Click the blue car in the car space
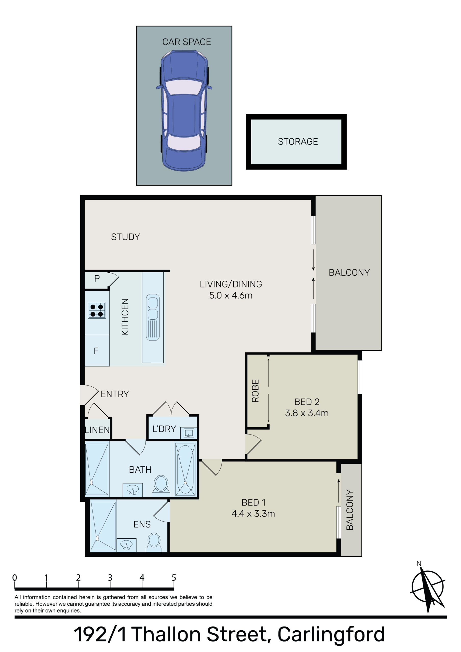(184, 111)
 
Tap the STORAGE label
(298, 141)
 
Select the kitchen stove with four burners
(97, 310)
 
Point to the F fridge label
(96, 351)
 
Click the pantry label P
(97, 279)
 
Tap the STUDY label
(125, 237)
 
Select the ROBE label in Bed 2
(255, 391)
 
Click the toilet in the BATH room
(161, 484)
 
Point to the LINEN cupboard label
(97, 430)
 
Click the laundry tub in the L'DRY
(188, 433)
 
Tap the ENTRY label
(115, 394)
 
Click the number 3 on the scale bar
(110, 578)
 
